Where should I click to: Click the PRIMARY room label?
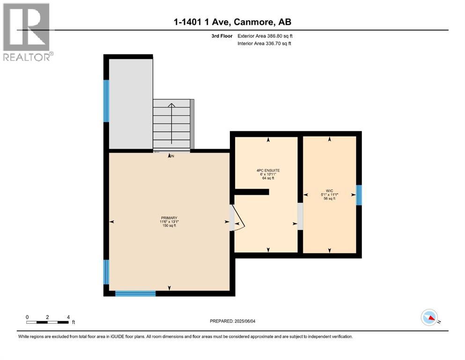169,217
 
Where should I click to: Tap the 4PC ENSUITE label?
269,170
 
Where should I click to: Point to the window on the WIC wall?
359,195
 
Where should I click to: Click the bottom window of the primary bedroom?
135,293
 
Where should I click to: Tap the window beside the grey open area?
106,101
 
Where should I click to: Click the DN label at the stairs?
172,156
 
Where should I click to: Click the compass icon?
429,317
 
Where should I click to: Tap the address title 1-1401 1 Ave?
232,22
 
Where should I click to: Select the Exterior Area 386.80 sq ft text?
265,36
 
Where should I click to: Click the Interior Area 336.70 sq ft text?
265,44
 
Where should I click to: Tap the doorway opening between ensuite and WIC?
300,216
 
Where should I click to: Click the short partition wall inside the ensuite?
251,191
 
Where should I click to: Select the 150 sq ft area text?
169,226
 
